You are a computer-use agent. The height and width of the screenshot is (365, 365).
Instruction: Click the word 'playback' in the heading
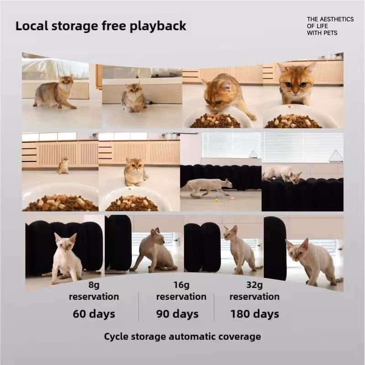(x=158, y=26)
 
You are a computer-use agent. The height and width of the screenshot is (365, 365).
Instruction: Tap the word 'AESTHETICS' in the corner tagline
(x=337, y=19)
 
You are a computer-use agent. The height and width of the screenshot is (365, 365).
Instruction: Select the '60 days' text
(x=94, y=313)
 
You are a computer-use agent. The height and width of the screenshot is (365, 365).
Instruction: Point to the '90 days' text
(x=177, y=313)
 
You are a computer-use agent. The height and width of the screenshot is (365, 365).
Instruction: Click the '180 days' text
(x=255, y=313)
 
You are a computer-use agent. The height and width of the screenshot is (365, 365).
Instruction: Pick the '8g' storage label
(x=94, y=285)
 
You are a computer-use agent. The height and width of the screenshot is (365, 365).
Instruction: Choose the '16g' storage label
(x=181, y=285)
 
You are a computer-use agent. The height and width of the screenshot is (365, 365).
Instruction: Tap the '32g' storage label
(x=255, y=285)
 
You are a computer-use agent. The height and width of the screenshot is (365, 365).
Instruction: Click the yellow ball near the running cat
(x=217, y=200)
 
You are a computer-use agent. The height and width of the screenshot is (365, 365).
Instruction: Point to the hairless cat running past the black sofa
(x=207, y=187)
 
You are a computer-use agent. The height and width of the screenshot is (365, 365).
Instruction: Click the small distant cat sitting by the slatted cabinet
(x=63, y=165)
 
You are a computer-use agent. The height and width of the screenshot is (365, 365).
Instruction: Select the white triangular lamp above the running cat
(x=253, y=154)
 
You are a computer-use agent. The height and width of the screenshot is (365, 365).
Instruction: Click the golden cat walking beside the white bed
(x=56, y=92)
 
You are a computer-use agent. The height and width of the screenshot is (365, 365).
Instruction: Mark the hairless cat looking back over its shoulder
(x=155, y=251)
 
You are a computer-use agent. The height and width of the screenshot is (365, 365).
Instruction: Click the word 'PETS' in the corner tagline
(x=330, y=33)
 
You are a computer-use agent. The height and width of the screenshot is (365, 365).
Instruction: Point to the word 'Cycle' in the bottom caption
(x=116, y=337)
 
